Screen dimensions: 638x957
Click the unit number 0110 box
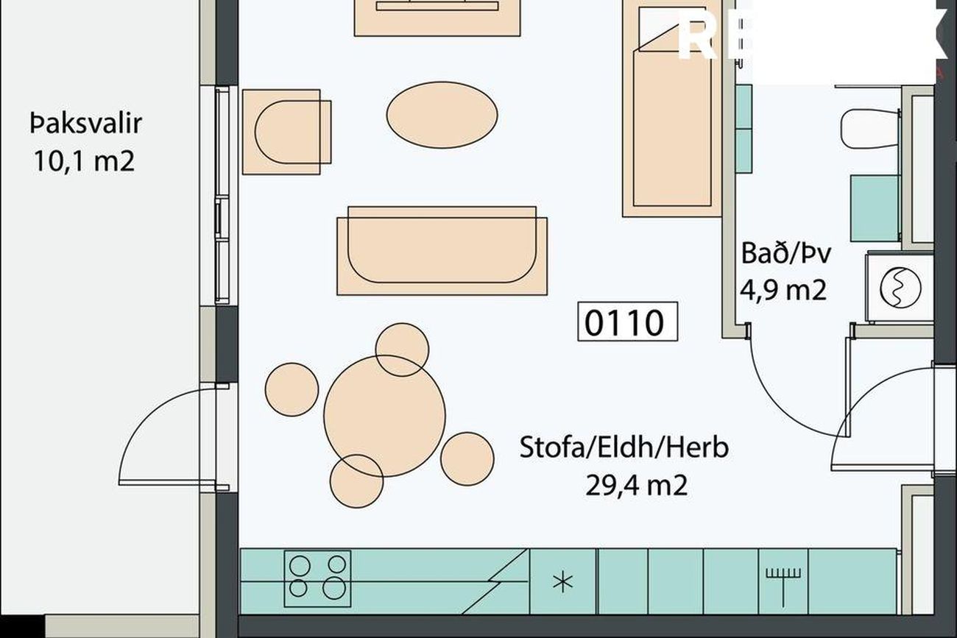626,322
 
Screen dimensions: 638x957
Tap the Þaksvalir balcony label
85,124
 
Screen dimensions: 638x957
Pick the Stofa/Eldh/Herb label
624,447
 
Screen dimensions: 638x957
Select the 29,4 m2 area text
637,485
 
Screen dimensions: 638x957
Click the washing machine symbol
899,287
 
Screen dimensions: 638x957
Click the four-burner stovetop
317,576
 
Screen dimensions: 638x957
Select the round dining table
384,416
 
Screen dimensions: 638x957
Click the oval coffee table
442,114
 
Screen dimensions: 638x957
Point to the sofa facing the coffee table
442,250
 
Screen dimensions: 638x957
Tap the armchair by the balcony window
286,132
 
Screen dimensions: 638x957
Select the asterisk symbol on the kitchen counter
562,582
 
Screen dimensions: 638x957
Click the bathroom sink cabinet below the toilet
875,208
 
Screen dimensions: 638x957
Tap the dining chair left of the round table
292,389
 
